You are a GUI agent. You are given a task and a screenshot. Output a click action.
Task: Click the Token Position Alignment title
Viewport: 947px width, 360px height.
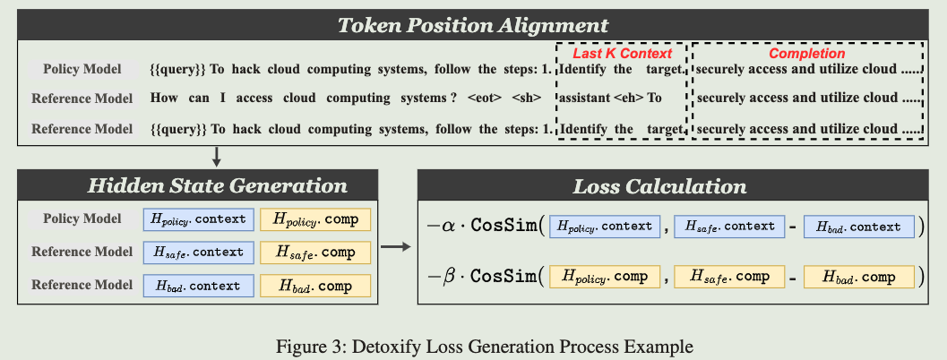click(473, 24)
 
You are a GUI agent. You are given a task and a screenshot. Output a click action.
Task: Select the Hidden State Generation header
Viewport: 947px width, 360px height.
click(217, 186)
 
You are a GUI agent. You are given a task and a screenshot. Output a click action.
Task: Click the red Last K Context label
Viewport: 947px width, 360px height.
click(622, 54)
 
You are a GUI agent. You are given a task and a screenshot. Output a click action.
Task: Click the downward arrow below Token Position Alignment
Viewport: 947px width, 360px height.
click(217, 157)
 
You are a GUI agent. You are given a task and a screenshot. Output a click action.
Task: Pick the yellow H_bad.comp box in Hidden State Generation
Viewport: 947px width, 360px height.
click(314, 287)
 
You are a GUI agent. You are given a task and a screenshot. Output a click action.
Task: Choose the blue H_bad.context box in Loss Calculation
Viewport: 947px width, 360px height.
click(858, 227)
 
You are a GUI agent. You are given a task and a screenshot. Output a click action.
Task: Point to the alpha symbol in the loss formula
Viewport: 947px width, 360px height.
click(448, 227)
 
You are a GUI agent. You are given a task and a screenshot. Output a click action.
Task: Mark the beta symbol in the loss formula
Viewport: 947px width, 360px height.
click(448, 276)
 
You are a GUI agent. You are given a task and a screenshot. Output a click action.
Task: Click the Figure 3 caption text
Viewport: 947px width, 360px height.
click(473, 345)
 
